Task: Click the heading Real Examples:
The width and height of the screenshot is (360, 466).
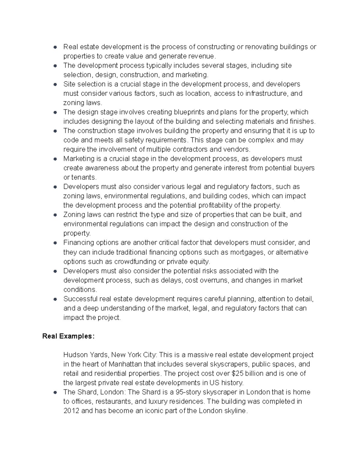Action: [68, 336]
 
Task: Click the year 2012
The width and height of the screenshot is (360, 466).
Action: [71, 411]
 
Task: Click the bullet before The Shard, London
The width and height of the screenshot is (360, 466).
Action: [55, 392]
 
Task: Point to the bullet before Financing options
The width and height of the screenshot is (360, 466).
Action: [55, 243]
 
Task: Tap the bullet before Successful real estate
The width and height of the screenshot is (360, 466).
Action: [55, 299]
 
